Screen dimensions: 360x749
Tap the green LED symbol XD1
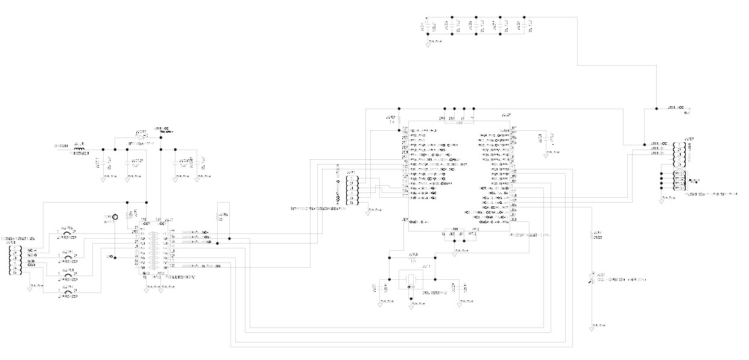tap(593, 279)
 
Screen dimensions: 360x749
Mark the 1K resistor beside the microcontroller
tap(396, 120)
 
